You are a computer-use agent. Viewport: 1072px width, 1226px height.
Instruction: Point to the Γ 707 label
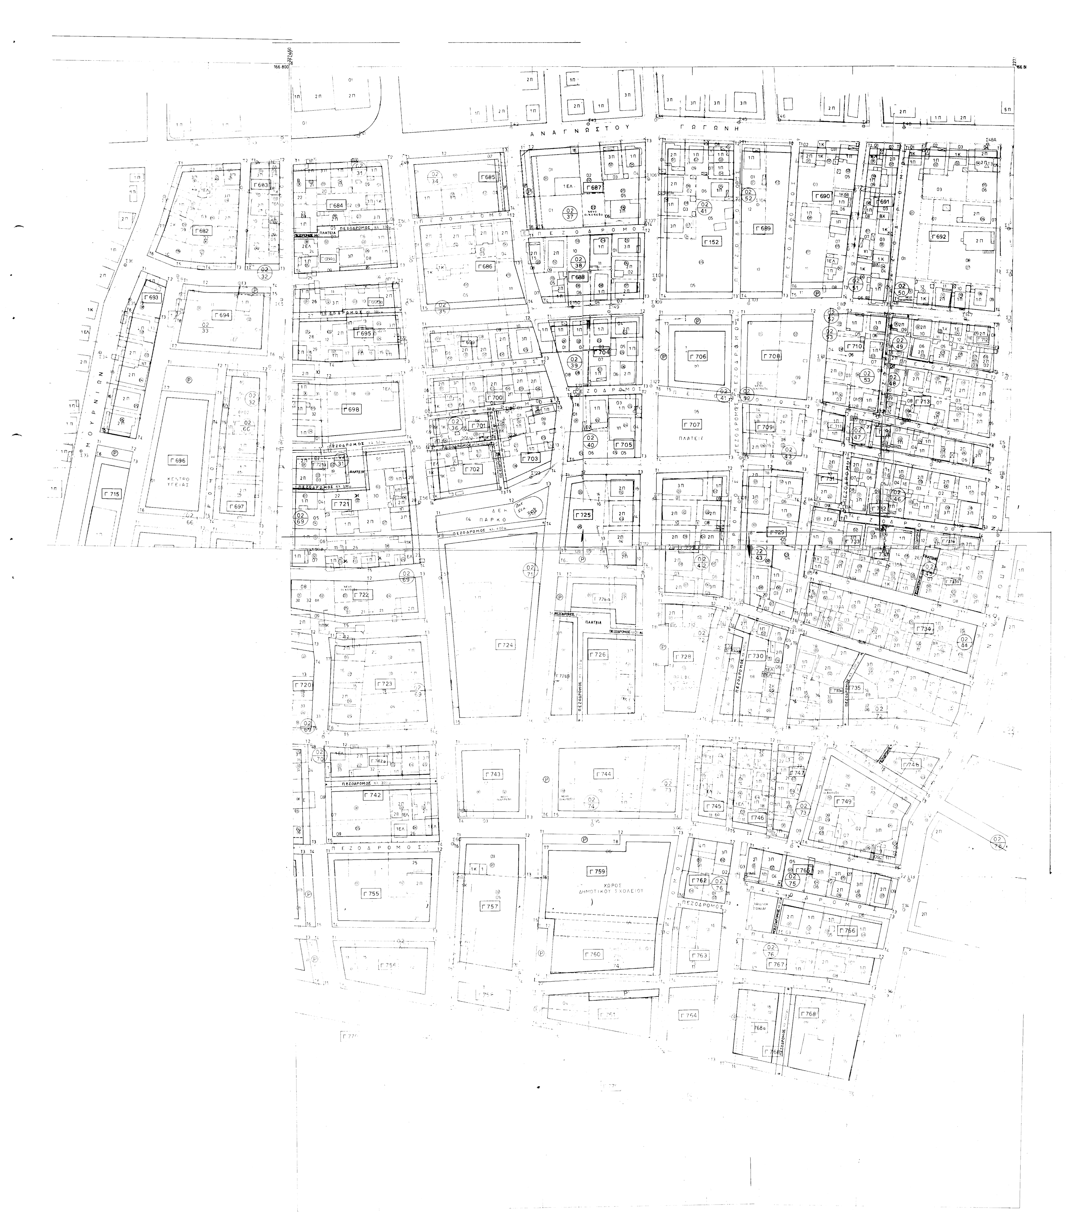click(x=692, y=424)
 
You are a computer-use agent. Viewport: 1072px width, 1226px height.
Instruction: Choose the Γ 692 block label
click(x=938, y=236)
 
